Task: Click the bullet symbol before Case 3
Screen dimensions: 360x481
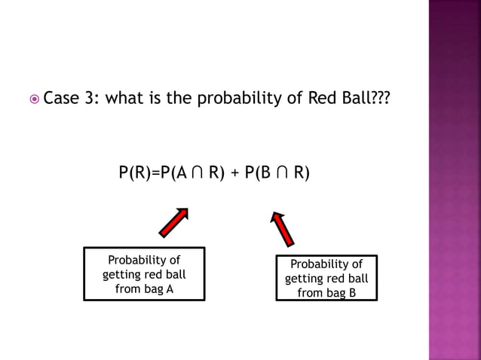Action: (33, 99)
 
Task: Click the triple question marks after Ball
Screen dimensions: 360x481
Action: (377, 98)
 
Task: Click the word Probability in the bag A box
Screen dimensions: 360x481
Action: (144, 261)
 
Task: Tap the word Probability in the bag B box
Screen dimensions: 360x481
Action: (326, 264)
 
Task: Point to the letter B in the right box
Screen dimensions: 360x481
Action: (351, 293)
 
